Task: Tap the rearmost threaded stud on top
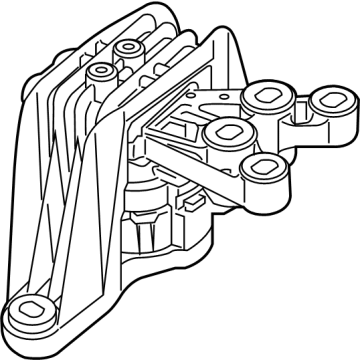click(128, 47)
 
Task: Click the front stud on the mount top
click(101, 72)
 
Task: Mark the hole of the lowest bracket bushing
click(262, 166)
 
